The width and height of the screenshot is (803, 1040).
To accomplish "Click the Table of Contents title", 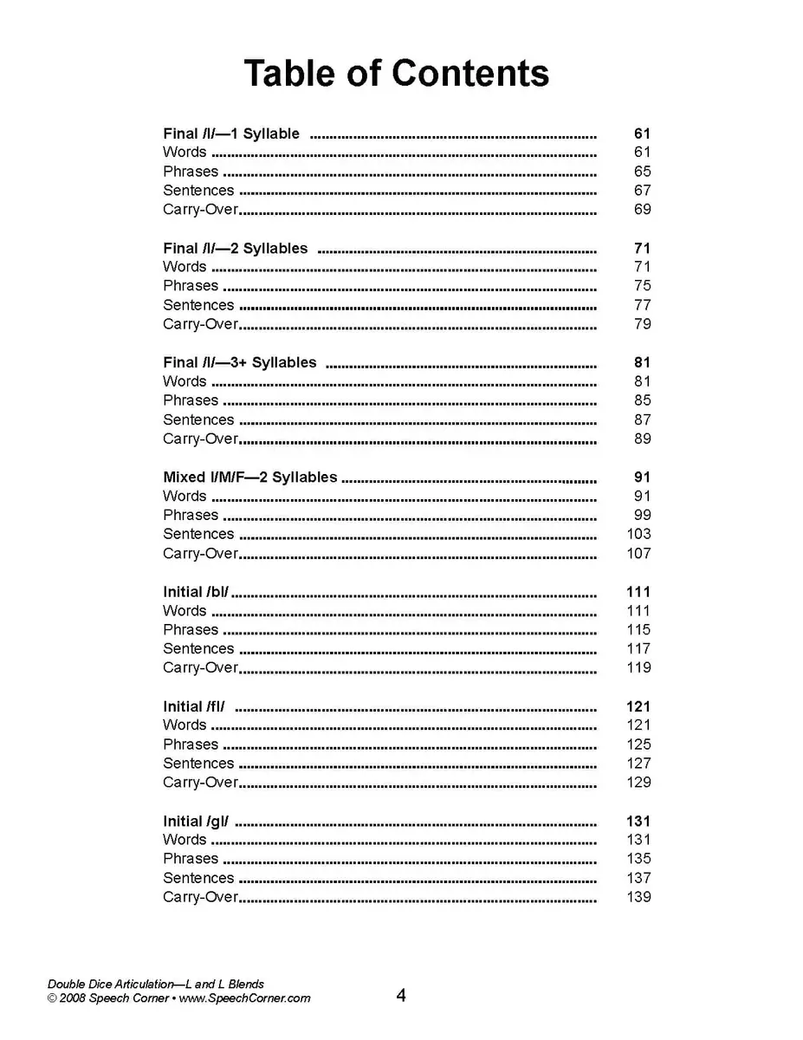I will point(396,74).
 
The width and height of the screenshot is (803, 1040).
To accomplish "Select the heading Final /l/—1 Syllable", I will point(231,133).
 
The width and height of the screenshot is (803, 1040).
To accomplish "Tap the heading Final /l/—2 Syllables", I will point(235,248).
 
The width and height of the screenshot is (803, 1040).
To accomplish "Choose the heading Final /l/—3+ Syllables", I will point(240,362).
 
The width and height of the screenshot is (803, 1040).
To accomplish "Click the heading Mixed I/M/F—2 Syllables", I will point(249,477).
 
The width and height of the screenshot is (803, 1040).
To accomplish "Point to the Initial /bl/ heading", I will point(196,592).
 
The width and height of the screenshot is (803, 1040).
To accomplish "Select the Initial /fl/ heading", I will point(194,706).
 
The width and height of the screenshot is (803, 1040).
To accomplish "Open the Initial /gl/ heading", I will point(196,821).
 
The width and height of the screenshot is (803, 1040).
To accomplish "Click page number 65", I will point(642,172).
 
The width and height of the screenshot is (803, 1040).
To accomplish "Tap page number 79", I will point(642,324).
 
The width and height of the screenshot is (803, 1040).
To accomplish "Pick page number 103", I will point(638,534).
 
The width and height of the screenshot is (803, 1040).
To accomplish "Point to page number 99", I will point(642,515).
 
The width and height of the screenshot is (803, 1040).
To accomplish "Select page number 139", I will point(638,897).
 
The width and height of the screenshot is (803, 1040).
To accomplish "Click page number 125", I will point(638,744).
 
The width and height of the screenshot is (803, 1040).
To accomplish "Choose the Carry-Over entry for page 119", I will point(200,667).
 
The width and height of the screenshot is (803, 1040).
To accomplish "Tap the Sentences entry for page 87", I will point(198,419).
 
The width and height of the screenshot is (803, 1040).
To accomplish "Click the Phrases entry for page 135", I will point(191,859).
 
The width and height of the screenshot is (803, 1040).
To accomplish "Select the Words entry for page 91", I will point(185,496).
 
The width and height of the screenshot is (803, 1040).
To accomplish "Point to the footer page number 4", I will point(401,995).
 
